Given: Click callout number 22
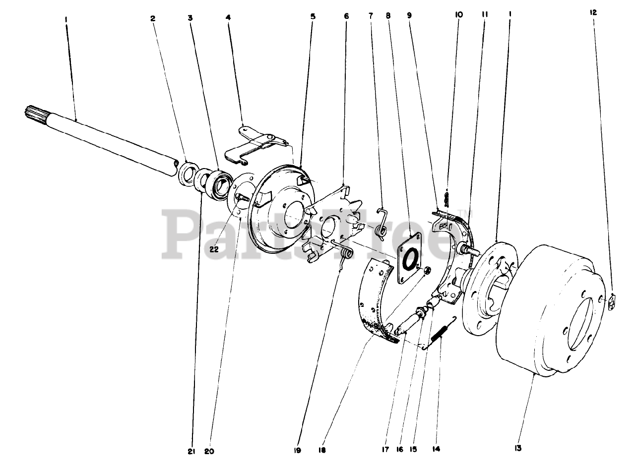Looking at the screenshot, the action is coord(214,249).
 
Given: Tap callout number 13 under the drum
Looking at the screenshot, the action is coord(517,448).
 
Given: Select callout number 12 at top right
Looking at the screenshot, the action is coord(593,12).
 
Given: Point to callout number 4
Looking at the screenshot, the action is coord(228,17).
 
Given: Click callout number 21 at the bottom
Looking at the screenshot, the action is coord(191,452).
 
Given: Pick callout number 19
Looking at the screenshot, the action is coord(297,451).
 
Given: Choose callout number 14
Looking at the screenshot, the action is coord(436,449).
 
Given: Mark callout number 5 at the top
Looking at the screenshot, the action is coord(313,16).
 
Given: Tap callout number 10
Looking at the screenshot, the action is coord(459,14).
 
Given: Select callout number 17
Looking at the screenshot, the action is coord(385,450).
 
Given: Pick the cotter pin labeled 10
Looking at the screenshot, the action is coord(447,199).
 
